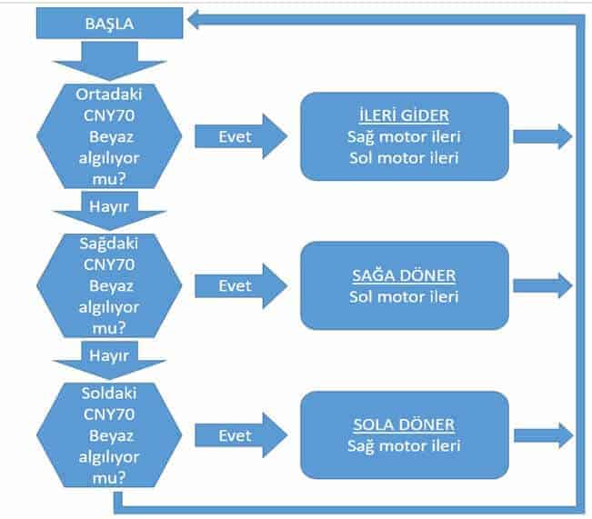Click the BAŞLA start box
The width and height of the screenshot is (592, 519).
tap(109, 24)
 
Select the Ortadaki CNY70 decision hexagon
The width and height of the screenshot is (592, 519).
tap(110, 135)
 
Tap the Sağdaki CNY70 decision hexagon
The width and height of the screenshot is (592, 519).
tap(110, 284)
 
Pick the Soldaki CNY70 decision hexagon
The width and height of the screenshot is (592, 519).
tap(110, 434)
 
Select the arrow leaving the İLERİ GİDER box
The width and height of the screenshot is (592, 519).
tap(542, 136)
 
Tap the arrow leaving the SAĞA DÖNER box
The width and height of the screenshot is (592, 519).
tap(542, 285)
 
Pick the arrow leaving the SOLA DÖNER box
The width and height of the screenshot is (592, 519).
tap(542, 434)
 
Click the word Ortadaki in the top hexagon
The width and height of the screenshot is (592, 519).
tap(110, 95)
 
